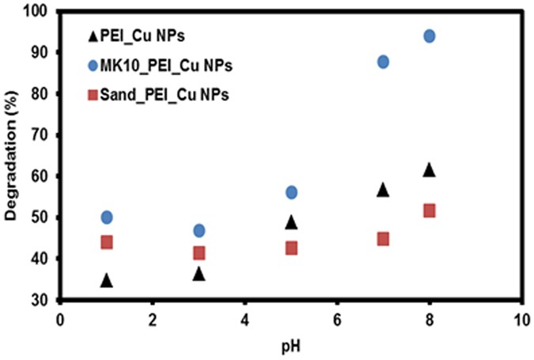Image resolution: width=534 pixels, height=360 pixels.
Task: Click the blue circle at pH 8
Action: coord(430,36)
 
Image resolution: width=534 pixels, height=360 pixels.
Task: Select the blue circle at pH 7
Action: coord(384,62)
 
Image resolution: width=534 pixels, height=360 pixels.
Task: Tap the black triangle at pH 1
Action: coord(107,280)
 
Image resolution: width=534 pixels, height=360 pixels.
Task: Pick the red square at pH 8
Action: coord(430,210)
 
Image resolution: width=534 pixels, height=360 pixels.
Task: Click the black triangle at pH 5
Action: coord(291,222)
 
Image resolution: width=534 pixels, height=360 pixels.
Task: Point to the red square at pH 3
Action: coord(199,252)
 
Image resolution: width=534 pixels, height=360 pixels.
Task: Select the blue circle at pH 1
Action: coord(107,217)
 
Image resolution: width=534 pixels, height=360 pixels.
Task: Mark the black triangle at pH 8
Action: coord(430,169)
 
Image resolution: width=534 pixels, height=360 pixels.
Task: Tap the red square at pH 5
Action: coord(291,248)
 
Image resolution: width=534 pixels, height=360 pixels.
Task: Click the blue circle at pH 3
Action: coord(199,230)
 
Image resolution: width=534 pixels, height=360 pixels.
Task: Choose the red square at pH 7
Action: coord(384,238)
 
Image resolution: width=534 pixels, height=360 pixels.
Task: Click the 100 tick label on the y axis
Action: coord(36,11)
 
